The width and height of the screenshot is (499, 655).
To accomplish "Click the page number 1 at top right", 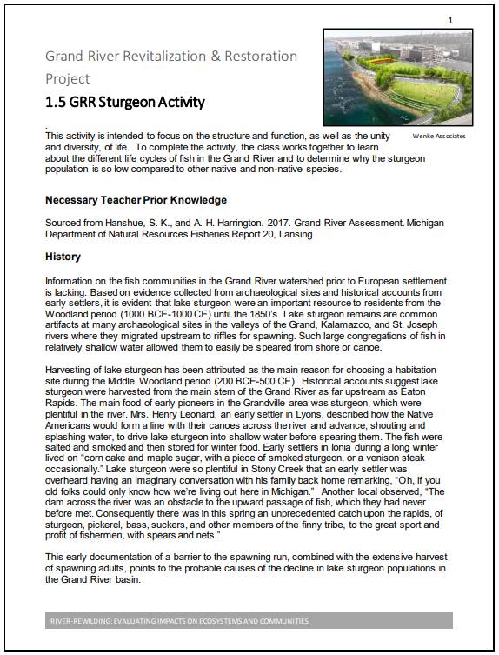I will coord(449,19).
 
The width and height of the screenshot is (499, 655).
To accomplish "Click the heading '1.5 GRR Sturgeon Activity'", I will coord(125,103).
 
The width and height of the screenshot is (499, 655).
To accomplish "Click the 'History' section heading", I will coord(63,257).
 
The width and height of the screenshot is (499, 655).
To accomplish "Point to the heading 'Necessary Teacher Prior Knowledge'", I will coord(136,200).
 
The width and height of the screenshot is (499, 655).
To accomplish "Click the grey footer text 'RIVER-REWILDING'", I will coord(83,621).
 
